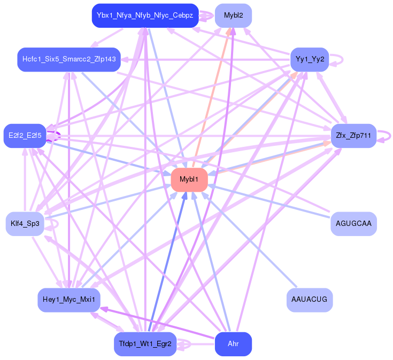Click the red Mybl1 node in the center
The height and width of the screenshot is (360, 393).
pyautogui.click(x=189, y=179)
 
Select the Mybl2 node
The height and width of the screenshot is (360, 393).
pyautogui.click(x=233, y=15)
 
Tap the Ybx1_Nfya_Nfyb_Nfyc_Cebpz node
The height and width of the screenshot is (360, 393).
pyautogui.click(x=145, y=15)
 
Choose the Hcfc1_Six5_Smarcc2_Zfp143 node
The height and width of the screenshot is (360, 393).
pyautogui.click(x=69, y=59)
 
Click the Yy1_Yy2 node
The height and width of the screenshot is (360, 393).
pyautogui.click(x=309, y=59)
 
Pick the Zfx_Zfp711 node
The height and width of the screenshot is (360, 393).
pyautogui.click(x=353, y=136)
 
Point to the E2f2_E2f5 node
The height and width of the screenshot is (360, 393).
pyautogui.click(x=25, y=136)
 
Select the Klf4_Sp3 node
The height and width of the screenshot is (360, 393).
pyautogui.click(x=25, y=223)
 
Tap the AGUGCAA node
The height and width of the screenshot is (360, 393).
pyautogui.click(x=353, y=223)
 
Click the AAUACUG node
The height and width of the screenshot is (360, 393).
pyautogui.click(x=309, y=300)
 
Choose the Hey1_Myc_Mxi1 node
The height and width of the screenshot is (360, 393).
pyautogui.click(x=69, y=300)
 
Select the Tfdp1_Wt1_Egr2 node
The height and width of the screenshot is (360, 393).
pyautogui.click(x=145, y=344)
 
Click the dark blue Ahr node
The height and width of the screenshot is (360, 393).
pyautogui.click(x=233, y=344)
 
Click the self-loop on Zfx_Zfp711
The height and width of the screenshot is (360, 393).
pyautogui.click(x=389, y=136)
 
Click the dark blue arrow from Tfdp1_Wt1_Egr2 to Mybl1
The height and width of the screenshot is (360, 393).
pyautogui.click(x=167, y=262)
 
